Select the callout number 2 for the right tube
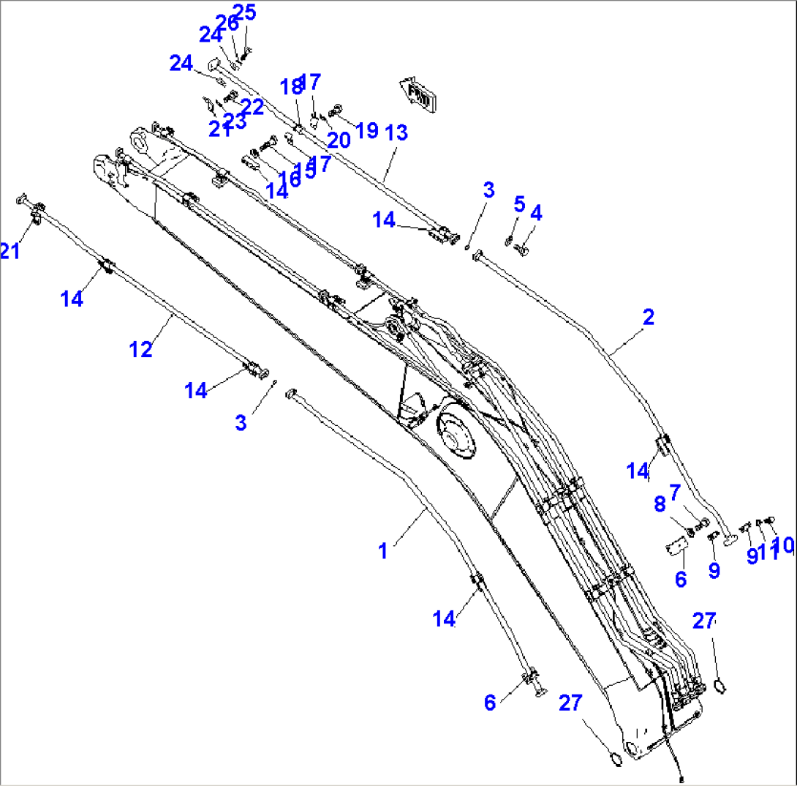coord(648,317)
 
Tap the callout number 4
coord(536,213)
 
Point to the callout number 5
coord(518,203)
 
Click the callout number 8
coord(660,504)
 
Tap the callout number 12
coord(141,349)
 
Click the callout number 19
coord(366,130)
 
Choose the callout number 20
coord(339,138)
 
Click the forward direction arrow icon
coord(418,94)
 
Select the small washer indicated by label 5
coord(509,242)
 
